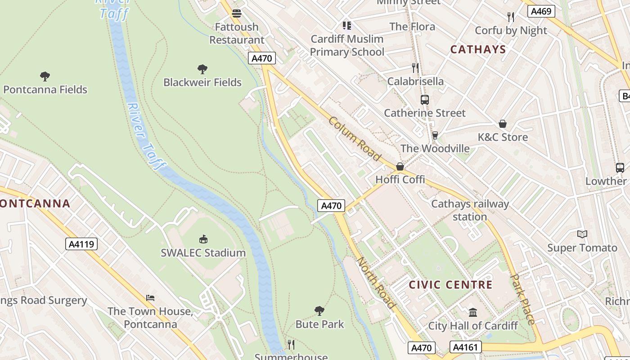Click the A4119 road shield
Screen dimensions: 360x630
point(81,244)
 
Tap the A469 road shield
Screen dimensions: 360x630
point(541,11)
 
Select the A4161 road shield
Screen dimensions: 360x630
point(465,347)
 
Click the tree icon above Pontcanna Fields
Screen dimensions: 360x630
point(45,76)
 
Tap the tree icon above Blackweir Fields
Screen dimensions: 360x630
point(202,69)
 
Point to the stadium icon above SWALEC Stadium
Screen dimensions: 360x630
point(203,239)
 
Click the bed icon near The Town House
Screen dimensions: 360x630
point(150,298)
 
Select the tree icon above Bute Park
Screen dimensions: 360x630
point(319,310)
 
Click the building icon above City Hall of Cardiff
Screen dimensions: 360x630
point(473,312)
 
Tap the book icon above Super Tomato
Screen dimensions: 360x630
point(582,234)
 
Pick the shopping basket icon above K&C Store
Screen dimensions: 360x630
point(503,124)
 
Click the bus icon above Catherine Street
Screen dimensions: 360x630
point(424,100)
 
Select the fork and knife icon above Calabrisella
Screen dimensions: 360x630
point(415,68)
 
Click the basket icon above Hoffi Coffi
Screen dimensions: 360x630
point(400,166)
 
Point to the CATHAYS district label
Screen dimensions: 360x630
point(478,49)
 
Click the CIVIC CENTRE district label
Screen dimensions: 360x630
point(450,285)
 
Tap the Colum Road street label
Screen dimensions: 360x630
point(355,139)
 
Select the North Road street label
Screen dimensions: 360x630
point(376,283)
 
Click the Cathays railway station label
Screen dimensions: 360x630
point(470,210)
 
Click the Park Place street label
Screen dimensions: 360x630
point(524,299)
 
